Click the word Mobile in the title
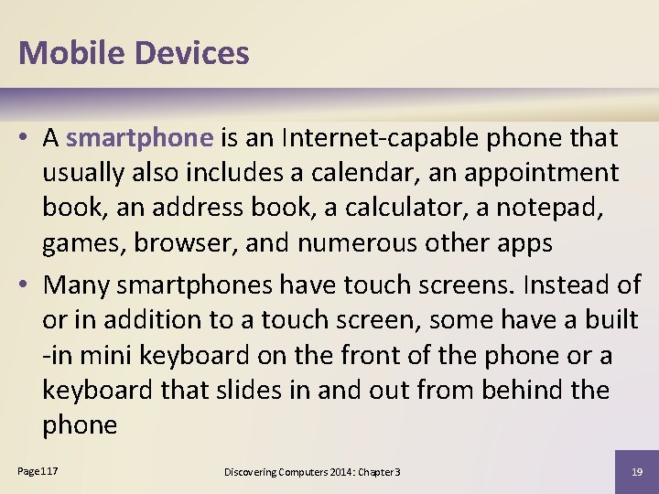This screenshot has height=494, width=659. [x=71, y=52]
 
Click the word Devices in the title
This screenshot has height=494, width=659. [x=191, y=52]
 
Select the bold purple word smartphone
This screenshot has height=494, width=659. [x=139, y=138]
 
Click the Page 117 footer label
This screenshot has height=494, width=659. [x=38, y=470]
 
